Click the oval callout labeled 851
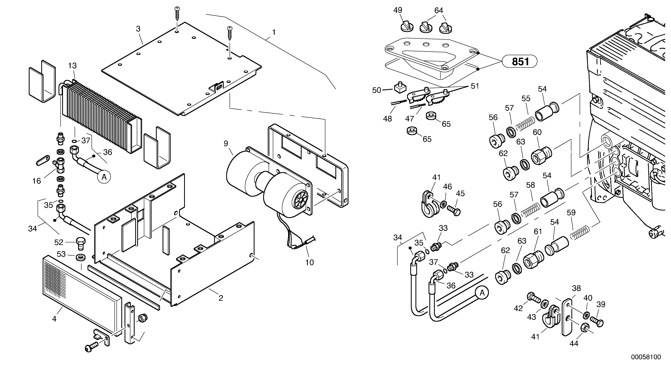[x=520, y=62]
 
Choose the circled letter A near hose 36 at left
[x=104, y=177]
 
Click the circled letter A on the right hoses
[x=482, y=293]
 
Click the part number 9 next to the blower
[x=226, y=143]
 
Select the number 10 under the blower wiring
[x=309, y=263]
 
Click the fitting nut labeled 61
[x=533, y=259]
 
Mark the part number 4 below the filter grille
[x=54, y=319]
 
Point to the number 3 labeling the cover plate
[x=138, y=29]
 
